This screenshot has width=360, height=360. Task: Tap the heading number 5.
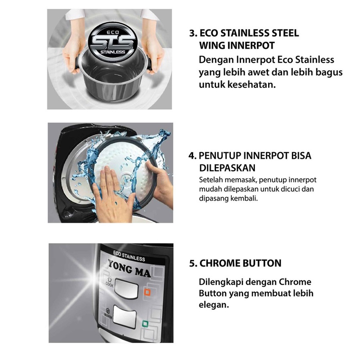[x=193, y=263]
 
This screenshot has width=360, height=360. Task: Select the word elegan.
[x=213, y=304]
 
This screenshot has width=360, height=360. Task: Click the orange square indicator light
[x=147, y=292]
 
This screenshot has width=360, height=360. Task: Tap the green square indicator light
[x=145, y=324]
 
